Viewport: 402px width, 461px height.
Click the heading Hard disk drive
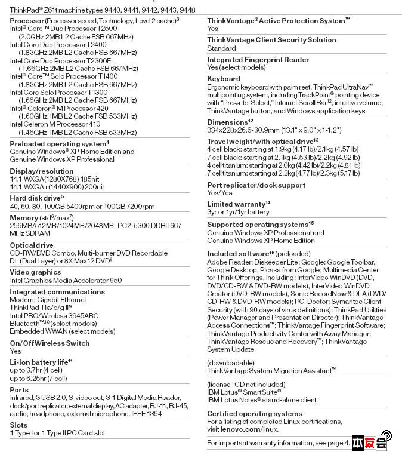pos(36,198)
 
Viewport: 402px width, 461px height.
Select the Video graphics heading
pos(35,272)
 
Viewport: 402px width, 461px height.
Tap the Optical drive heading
pos(32,245)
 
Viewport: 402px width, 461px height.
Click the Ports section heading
pos(19,390)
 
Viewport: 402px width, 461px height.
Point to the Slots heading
pos(18,425)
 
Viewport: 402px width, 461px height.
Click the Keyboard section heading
pos(224,79)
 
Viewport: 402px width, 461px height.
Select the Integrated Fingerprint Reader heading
pos(258,60)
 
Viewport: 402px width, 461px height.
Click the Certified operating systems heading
pos(254,414)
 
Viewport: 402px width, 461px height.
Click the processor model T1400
pos(105,76)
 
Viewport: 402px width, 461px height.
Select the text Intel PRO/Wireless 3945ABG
pos(54,315)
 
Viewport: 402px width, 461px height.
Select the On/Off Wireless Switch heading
pos(50,343)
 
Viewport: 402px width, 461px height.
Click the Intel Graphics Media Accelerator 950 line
pos(66,281)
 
